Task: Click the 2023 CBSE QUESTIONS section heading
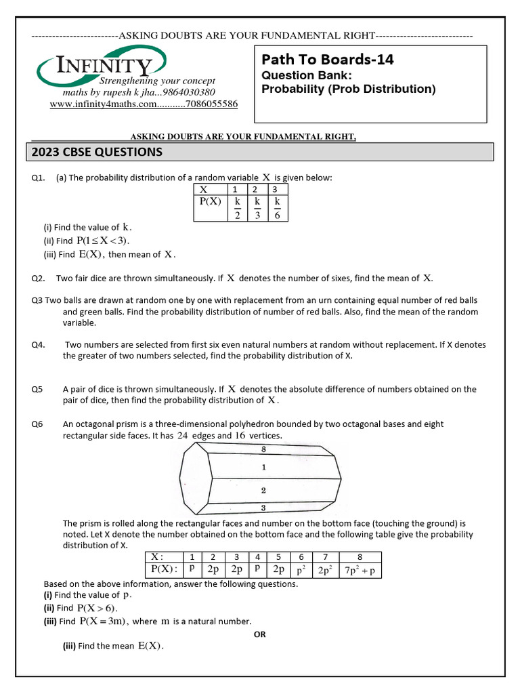click(97, 152)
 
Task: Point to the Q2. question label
click(38, 278)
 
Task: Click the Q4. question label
click(38, 344)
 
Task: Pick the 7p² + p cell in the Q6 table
click(360, 570)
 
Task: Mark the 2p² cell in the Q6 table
click(325, 570)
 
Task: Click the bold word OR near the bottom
click(260, 634)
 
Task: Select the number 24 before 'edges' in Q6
click(183, 436)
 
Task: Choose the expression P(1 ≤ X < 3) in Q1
click(103, 241)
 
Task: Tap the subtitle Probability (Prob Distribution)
click(349, 89)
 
